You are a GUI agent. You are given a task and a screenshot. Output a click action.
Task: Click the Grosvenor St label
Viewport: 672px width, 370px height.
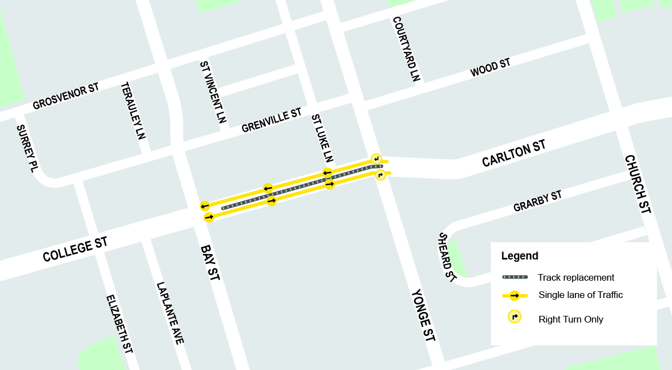click(x=66, y=96)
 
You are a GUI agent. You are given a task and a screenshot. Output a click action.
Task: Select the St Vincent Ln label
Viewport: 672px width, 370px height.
click(x=213, y=92)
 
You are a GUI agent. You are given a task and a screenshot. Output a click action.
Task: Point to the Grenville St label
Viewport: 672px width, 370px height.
click(x=272, y=121)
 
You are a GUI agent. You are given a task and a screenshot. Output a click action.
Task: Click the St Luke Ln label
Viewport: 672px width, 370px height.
click(x=322, y=138)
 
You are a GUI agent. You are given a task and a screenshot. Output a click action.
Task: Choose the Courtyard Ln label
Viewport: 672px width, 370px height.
click(x=405, y=49)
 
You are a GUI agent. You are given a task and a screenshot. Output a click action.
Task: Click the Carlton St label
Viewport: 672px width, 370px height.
click(x=514, y=153)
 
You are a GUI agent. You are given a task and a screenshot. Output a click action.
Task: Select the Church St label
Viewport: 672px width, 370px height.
click(x=637, y=184)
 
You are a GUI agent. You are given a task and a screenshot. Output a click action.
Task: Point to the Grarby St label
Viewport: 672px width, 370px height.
click(x=538, y=201)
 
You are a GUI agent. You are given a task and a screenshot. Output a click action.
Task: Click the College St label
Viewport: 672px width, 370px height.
click(x=75, y=249)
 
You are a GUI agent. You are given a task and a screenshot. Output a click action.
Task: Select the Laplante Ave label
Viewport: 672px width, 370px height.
click(x=170, y=313)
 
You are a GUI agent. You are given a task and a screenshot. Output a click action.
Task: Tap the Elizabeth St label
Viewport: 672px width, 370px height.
click(x=120, y=324)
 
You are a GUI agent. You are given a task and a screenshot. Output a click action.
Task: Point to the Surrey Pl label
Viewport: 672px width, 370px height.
click(x=26, y=148)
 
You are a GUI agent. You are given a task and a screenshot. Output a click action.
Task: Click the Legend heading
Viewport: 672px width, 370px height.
click(x=520, y=256)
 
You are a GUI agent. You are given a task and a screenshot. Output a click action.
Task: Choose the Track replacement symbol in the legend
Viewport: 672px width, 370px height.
click(x=515, y=277)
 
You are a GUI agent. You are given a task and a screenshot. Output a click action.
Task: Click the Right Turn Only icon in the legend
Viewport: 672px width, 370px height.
click(x=514, y=317)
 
